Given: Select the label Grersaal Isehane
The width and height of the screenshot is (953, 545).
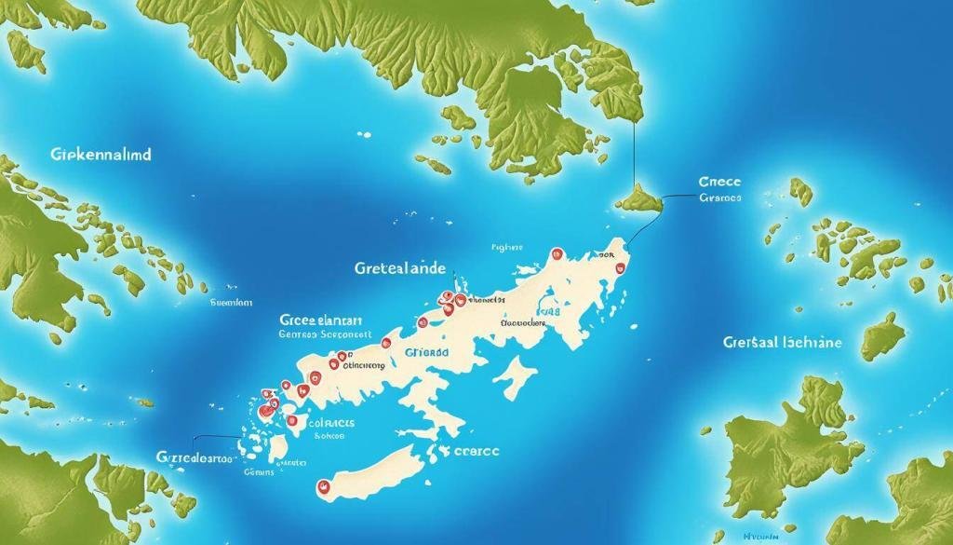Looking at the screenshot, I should pos(782,343).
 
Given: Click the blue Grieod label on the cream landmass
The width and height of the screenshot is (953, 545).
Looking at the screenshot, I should pos(426,355).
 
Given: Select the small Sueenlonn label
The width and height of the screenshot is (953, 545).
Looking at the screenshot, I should pos(231,303).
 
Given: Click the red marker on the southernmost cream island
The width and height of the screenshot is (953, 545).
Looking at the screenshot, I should pos(324,486).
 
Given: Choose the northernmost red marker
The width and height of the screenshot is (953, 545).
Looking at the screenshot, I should pos(557,253).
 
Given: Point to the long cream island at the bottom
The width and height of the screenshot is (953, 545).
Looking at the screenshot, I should pos(368,475).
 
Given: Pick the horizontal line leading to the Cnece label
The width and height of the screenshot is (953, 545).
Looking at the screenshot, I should pos(679,197).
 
